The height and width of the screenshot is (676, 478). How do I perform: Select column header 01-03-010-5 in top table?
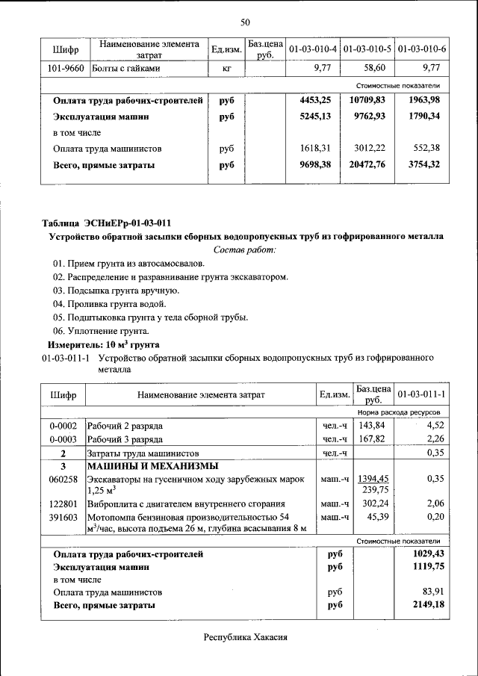pos(367,49)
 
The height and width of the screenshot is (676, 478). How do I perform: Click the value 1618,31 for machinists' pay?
pos(314,149)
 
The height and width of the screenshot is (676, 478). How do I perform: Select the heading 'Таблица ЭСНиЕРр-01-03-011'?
pos(107,223)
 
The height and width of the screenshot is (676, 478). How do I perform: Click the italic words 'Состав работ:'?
pos(245,249)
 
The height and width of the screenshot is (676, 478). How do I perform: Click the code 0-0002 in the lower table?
pos(63,426)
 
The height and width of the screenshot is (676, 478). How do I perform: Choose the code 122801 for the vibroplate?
pos(63,504)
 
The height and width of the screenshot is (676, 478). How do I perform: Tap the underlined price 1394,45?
pos(373,478)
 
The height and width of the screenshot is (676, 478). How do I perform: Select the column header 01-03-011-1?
pos(421,394)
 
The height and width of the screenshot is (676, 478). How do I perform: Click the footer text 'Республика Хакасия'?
pos(245,637)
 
